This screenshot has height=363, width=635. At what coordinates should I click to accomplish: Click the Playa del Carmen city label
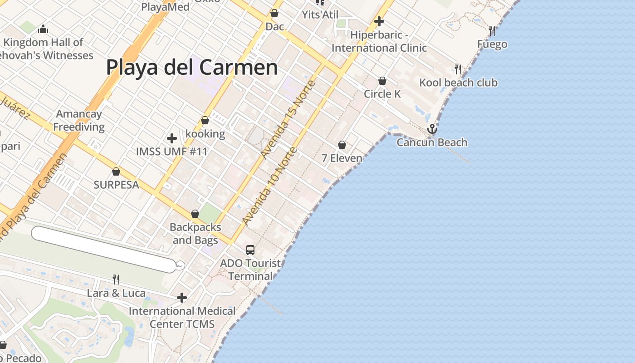[192, 67]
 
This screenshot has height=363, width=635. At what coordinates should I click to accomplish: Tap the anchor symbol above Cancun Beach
[432, 129]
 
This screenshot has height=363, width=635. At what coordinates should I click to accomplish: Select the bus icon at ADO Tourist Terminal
[250, 250]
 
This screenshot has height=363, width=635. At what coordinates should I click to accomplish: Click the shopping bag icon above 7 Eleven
[342, 145]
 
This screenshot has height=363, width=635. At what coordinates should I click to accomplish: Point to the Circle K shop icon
[382, 81]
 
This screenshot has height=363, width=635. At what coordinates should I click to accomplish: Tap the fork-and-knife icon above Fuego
[492, 31]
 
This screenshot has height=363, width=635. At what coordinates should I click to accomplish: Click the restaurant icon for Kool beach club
[458, 69]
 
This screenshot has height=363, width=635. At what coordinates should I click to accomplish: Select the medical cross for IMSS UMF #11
[172, 138]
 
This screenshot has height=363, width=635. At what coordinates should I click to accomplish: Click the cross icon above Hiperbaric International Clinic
[379, 21]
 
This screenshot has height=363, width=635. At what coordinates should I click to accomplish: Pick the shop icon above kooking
[205, 120]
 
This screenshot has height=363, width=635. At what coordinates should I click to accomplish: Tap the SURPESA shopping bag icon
[116, 172]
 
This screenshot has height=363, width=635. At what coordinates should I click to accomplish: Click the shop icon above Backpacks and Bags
[195, 213]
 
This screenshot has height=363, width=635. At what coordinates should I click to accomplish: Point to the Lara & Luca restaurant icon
[116, 279]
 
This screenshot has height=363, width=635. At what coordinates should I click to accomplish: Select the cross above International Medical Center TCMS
[182, 298]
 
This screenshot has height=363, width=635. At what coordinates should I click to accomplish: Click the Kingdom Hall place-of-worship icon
[44, 29]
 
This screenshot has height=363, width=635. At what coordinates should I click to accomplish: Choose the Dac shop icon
[274, 13]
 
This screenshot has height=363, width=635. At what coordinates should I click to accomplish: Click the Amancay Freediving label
[79, 120]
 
